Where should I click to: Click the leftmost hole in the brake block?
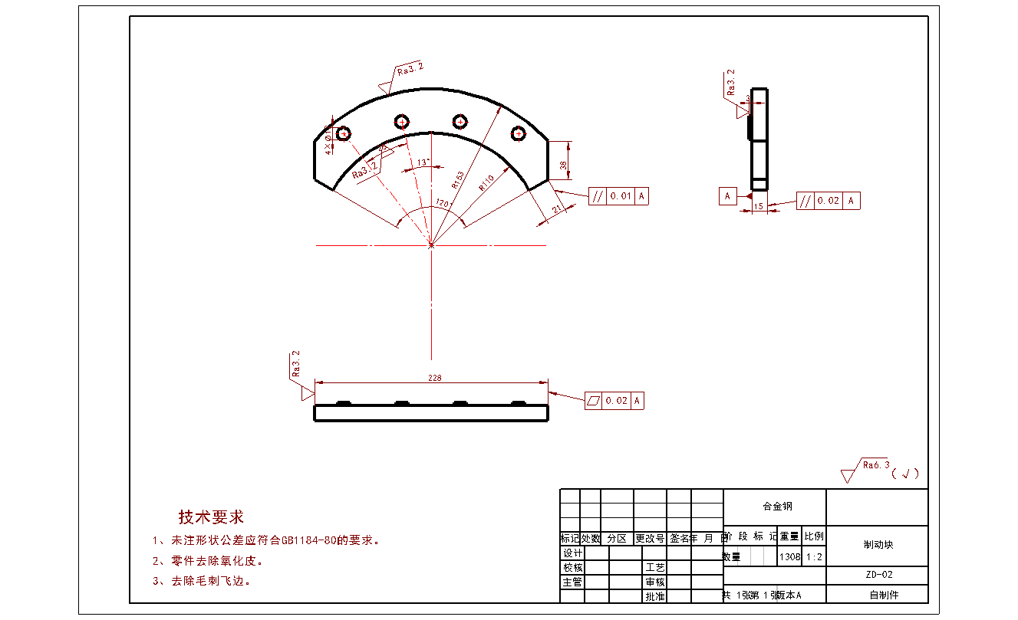tap(344, 133)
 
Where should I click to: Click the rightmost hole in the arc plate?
tap(519, 133)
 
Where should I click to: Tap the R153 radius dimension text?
tap(458, 179)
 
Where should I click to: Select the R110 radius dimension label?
tap(486, 182)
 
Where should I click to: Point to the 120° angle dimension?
tap(442, 203)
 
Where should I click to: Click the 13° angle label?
tap(423, 162)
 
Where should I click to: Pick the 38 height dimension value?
tap(564, 165)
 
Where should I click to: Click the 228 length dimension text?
tap(435, 377)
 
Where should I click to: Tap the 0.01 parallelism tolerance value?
tap(621, 196)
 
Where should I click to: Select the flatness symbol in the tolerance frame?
tap(594, 400)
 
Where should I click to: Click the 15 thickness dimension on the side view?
tap(758, 206)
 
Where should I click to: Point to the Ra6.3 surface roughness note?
tap(876, 464)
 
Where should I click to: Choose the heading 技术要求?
tap(211, 517)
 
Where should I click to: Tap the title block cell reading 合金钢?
tap(776, 507)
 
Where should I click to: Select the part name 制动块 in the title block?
tap(878, 545)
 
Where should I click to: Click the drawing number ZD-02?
tap(878, 574)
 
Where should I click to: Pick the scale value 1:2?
tap(814, 557)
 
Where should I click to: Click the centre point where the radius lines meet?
tap(431, 245)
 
